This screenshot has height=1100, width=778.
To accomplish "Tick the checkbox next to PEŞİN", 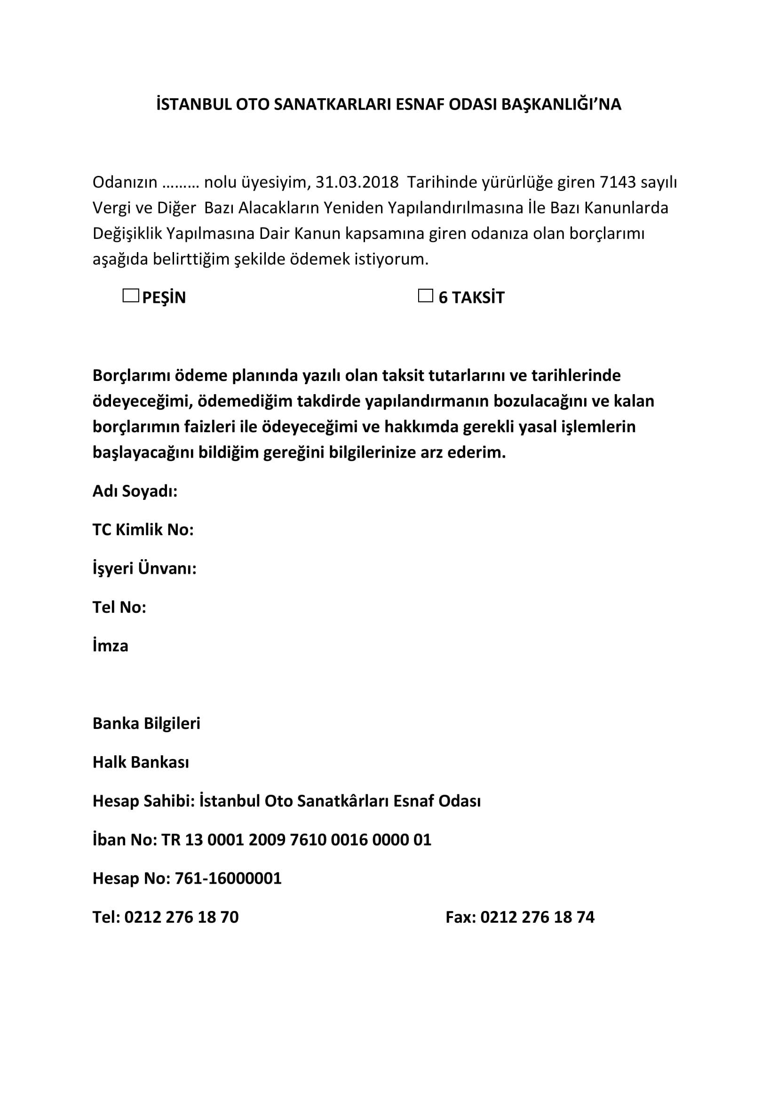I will coord(130,296).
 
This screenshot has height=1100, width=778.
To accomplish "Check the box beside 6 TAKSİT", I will coord(425,296).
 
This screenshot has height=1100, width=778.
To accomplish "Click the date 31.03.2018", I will coord(357,182).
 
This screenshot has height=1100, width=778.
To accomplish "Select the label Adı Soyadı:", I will coord(135,491).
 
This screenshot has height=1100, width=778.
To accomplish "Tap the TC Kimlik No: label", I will coord(143,530).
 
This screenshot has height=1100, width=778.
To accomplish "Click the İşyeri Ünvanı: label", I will coord(144,569).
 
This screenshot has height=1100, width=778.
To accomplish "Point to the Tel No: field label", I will coord(119,607).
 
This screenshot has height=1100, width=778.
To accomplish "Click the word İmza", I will coord(110,646).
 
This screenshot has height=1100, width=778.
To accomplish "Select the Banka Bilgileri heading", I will coord(146,723).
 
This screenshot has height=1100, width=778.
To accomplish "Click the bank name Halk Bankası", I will coord(140,762).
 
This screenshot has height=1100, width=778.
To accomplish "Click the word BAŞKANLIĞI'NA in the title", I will coord(561,104).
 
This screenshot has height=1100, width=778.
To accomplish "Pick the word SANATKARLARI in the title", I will coord(333,104).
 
